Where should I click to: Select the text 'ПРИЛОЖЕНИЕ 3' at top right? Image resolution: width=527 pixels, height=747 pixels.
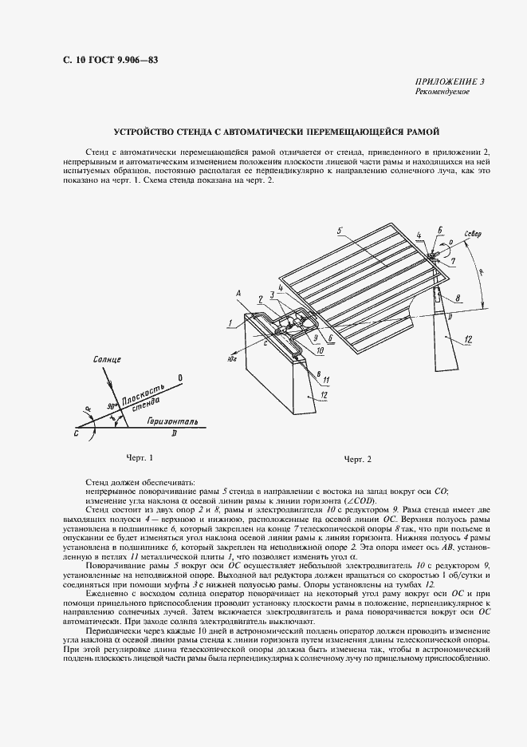click(451, 82)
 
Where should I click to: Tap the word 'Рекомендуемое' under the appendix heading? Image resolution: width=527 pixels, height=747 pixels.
click(442, 92)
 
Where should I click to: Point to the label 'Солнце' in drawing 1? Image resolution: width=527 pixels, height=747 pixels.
click(104, 362)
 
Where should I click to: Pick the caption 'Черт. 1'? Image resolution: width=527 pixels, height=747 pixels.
click(139, 457)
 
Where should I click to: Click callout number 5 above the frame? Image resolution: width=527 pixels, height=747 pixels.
click(339, 232)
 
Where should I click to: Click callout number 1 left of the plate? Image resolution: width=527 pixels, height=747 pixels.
click(228, 324)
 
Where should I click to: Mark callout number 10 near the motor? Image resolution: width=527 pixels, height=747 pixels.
click(319, 350)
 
